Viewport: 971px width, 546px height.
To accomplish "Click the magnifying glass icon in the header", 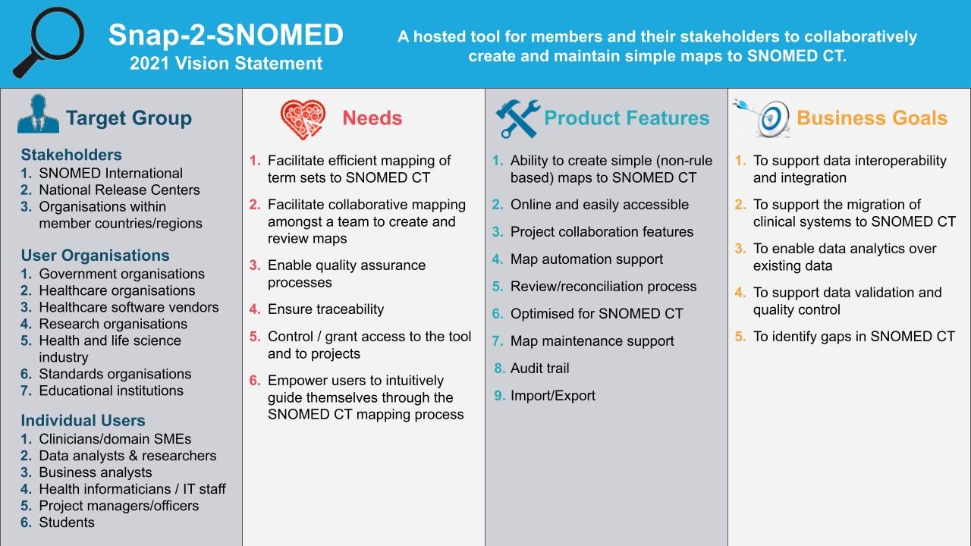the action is (49, 42).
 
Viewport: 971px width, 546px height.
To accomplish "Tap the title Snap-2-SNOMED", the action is (226, 35).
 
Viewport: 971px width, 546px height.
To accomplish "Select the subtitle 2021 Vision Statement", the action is (226, 63).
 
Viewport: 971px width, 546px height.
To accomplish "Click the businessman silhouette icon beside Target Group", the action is (38, 114).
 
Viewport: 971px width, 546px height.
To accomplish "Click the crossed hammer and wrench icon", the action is (517, 118).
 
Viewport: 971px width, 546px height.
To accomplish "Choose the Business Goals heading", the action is (872, 118).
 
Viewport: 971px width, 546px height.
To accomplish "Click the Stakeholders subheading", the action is (71, 155).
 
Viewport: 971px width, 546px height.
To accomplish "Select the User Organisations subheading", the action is (96, 256).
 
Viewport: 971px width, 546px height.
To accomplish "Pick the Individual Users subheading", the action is (83, 420).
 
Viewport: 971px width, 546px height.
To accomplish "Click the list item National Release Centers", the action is (119, 190).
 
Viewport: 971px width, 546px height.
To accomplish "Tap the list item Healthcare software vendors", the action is (129, 307).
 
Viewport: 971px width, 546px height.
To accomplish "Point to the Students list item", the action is (67, 522).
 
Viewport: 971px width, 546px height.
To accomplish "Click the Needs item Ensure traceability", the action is (325, 309).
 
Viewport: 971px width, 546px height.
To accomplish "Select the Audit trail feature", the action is (539, 369).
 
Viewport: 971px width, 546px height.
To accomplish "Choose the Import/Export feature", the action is (553, 396).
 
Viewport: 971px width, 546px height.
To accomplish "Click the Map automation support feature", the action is (586, 259).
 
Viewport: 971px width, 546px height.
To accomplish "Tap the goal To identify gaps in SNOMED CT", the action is (854, 336).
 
